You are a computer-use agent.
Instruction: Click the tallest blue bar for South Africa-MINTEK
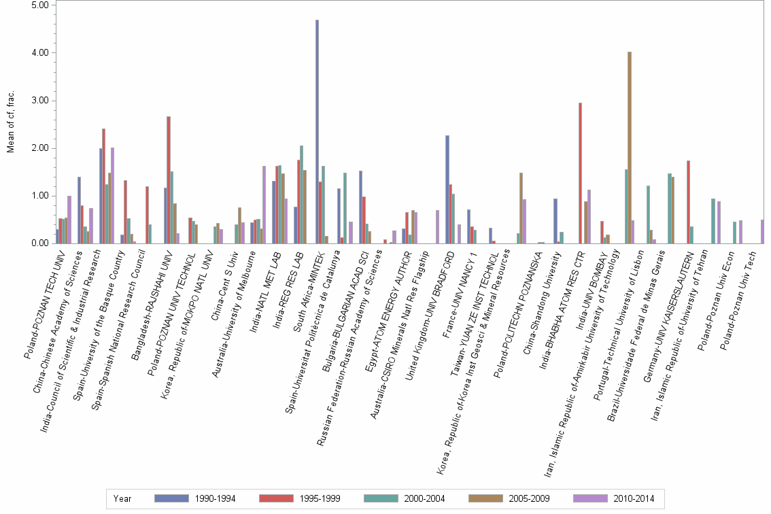(x=317, y=133)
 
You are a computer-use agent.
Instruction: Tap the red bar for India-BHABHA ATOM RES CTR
(x=580, y=173)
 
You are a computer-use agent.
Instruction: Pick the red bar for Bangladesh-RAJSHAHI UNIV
(x=169, y=180)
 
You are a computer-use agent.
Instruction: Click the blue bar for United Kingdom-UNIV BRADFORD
(x=447, y=190)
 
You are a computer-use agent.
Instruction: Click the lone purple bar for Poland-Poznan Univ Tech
(x=762, y=232)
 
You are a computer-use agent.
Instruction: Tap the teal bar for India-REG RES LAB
(x=302, y=194)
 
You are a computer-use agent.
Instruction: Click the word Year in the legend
(x=122, y=498)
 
